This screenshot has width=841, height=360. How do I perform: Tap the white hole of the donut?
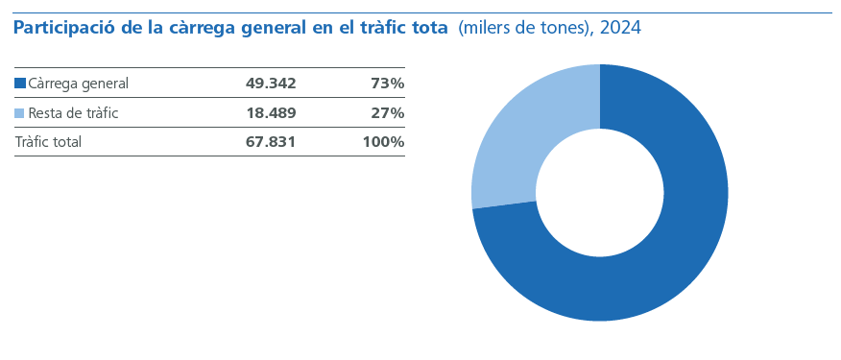coord(600,193)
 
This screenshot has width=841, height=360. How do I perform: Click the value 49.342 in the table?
coord(271,84)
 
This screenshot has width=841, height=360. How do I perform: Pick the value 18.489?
coord(271,113)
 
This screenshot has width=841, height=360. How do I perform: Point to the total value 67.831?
coord(271,142)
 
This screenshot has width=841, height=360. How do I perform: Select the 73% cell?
coord(387,84)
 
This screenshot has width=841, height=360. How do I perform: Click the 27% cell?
coord(387,113)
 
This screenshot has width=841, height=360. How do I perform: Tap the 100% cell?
coord(383,142)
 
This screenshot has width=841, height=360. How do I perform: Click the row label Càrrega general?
coord(78,84)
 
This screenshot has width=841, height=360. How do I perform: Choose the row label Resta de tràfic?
coord(73,113)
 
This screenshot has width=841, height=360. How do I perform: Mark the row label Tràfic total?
coord(48,142)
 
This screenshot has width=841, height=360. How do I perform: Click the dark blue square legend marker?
coord(20,84)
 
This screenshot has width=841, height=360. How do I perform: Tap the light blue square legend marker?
coord(20,113)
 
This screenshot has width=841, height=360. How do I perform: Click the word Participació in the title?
coord(62,29)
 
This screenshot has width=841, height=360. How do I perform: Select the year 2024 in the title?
coord(620,29)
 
